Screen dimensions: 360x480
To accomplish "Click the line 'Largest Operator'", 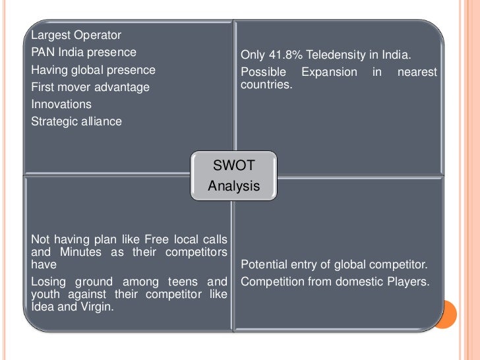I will pyautogui.click(x=76, y=35).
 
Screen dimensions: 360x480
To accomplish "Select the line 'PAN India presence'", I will pyautogui.click(x=84, y=52).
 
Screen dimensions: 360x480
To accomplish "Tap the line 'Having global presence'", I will pyautogui.click(x=93, y=69).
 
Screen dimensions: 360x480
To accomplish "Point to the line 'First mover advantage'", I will pyautogui.click(x=90, y=86).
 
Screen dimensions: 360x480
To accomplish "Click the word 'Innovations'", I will pyautogui.click(x=61, y=104).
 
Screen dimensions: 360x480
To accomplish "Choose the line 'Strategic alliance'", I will pyautogui.click(x=76, y=121).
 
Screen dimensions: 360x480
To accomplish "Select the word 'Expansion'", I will pyautogui.click(x=329, y=72).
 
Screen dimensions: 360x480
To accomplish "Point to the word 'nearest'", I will pyautogui.click(x=417, y=72).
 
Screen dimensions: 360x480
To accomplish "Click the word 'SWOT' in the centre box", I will pyautogui.click(x=234, y=165).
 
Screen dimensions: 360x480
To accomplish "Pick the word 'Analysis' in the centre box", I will pyautogui.click(x=234, y=186).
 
